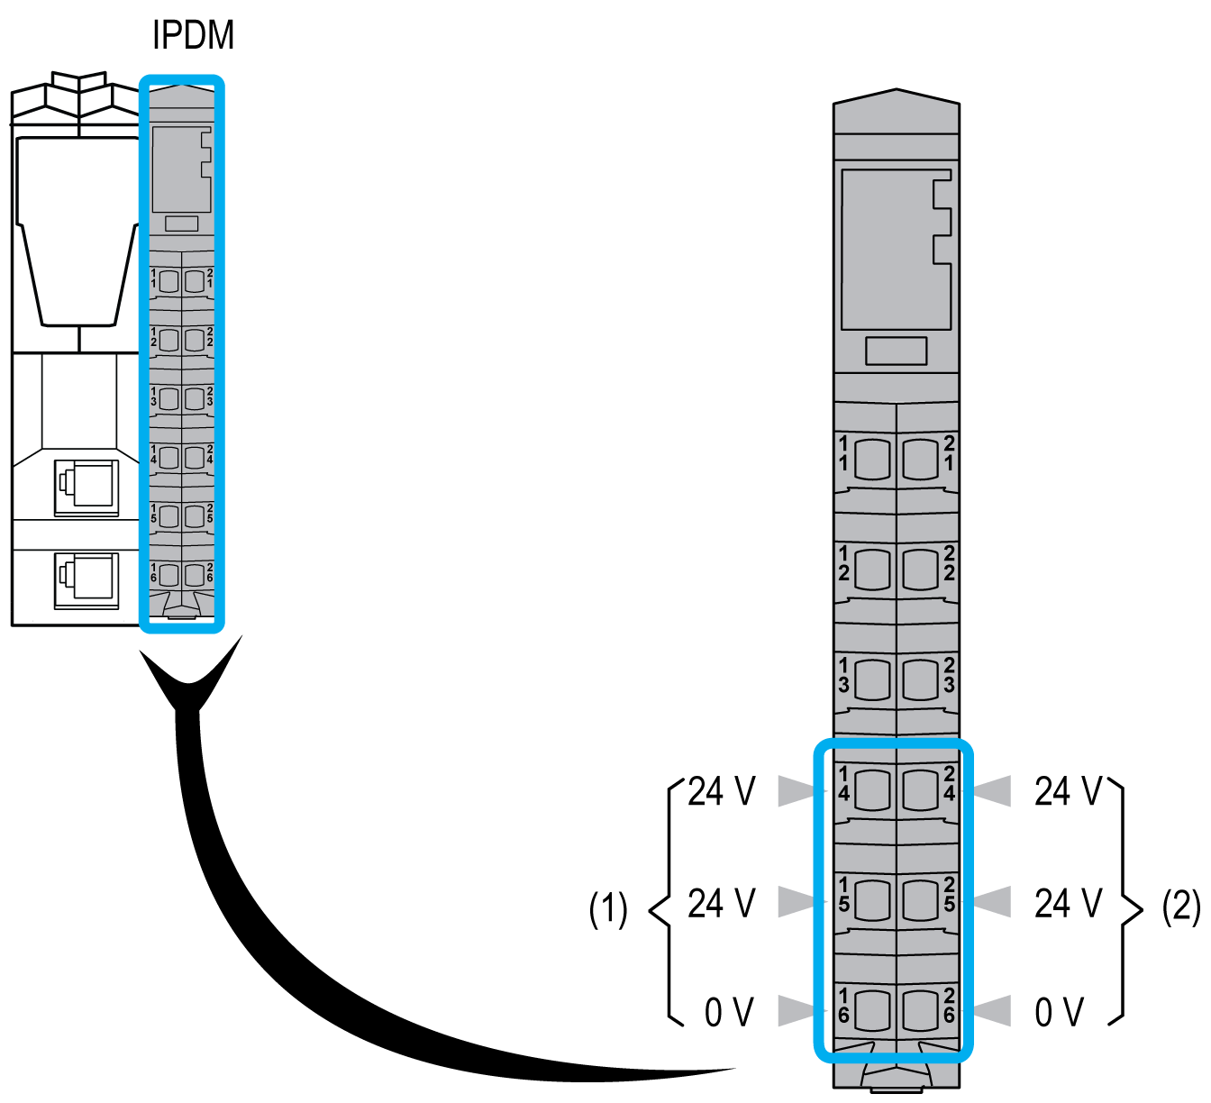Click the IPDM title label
(193, 36)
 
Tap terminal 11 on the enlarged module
(871, 460)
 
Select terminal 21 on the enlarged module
(921, 460)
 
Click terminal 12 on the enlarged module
(871, 569)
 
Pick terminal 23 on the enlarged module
(921, 679)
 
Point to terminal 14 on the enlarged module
(871, 790)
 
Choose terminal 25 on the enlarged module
(921, 899)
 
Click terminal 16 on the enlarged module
(871, 1010)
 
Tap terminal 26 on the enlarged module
(921, 1010)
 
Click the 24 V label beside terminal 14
(721, 791)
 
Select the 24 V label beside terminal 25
(1068, 902)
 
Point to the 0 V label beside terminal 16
(728, 1012)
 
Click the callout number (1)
(608, 908)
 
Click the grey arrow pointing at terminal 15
(800, 901)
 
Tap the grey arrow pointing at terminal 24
(992, 791)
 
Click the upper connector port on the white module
(86, 487)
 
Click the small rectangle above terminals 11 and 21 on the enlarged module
(896, 351)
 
